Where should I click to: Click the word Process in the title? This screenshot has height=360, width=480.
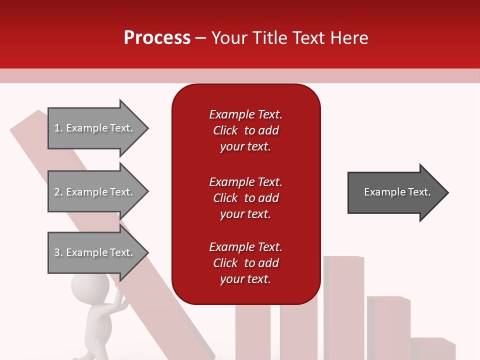click(157, 38)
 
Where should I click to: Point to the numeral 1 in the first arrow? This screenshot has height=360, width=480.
click(57, 128)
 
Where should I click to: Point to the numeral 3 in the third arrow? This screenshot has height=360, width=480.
click(57, 252)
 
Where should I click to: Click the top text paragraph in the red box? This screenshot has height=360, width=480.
click(245, 130)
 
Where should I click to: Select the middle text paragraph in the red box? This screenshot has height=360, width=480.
click(245, 198)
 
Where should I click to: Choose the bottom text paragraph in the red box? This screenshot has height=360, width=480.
click(245, 263)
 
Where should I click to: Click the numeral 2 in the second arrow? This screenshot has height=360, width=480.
click(57, 192)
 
